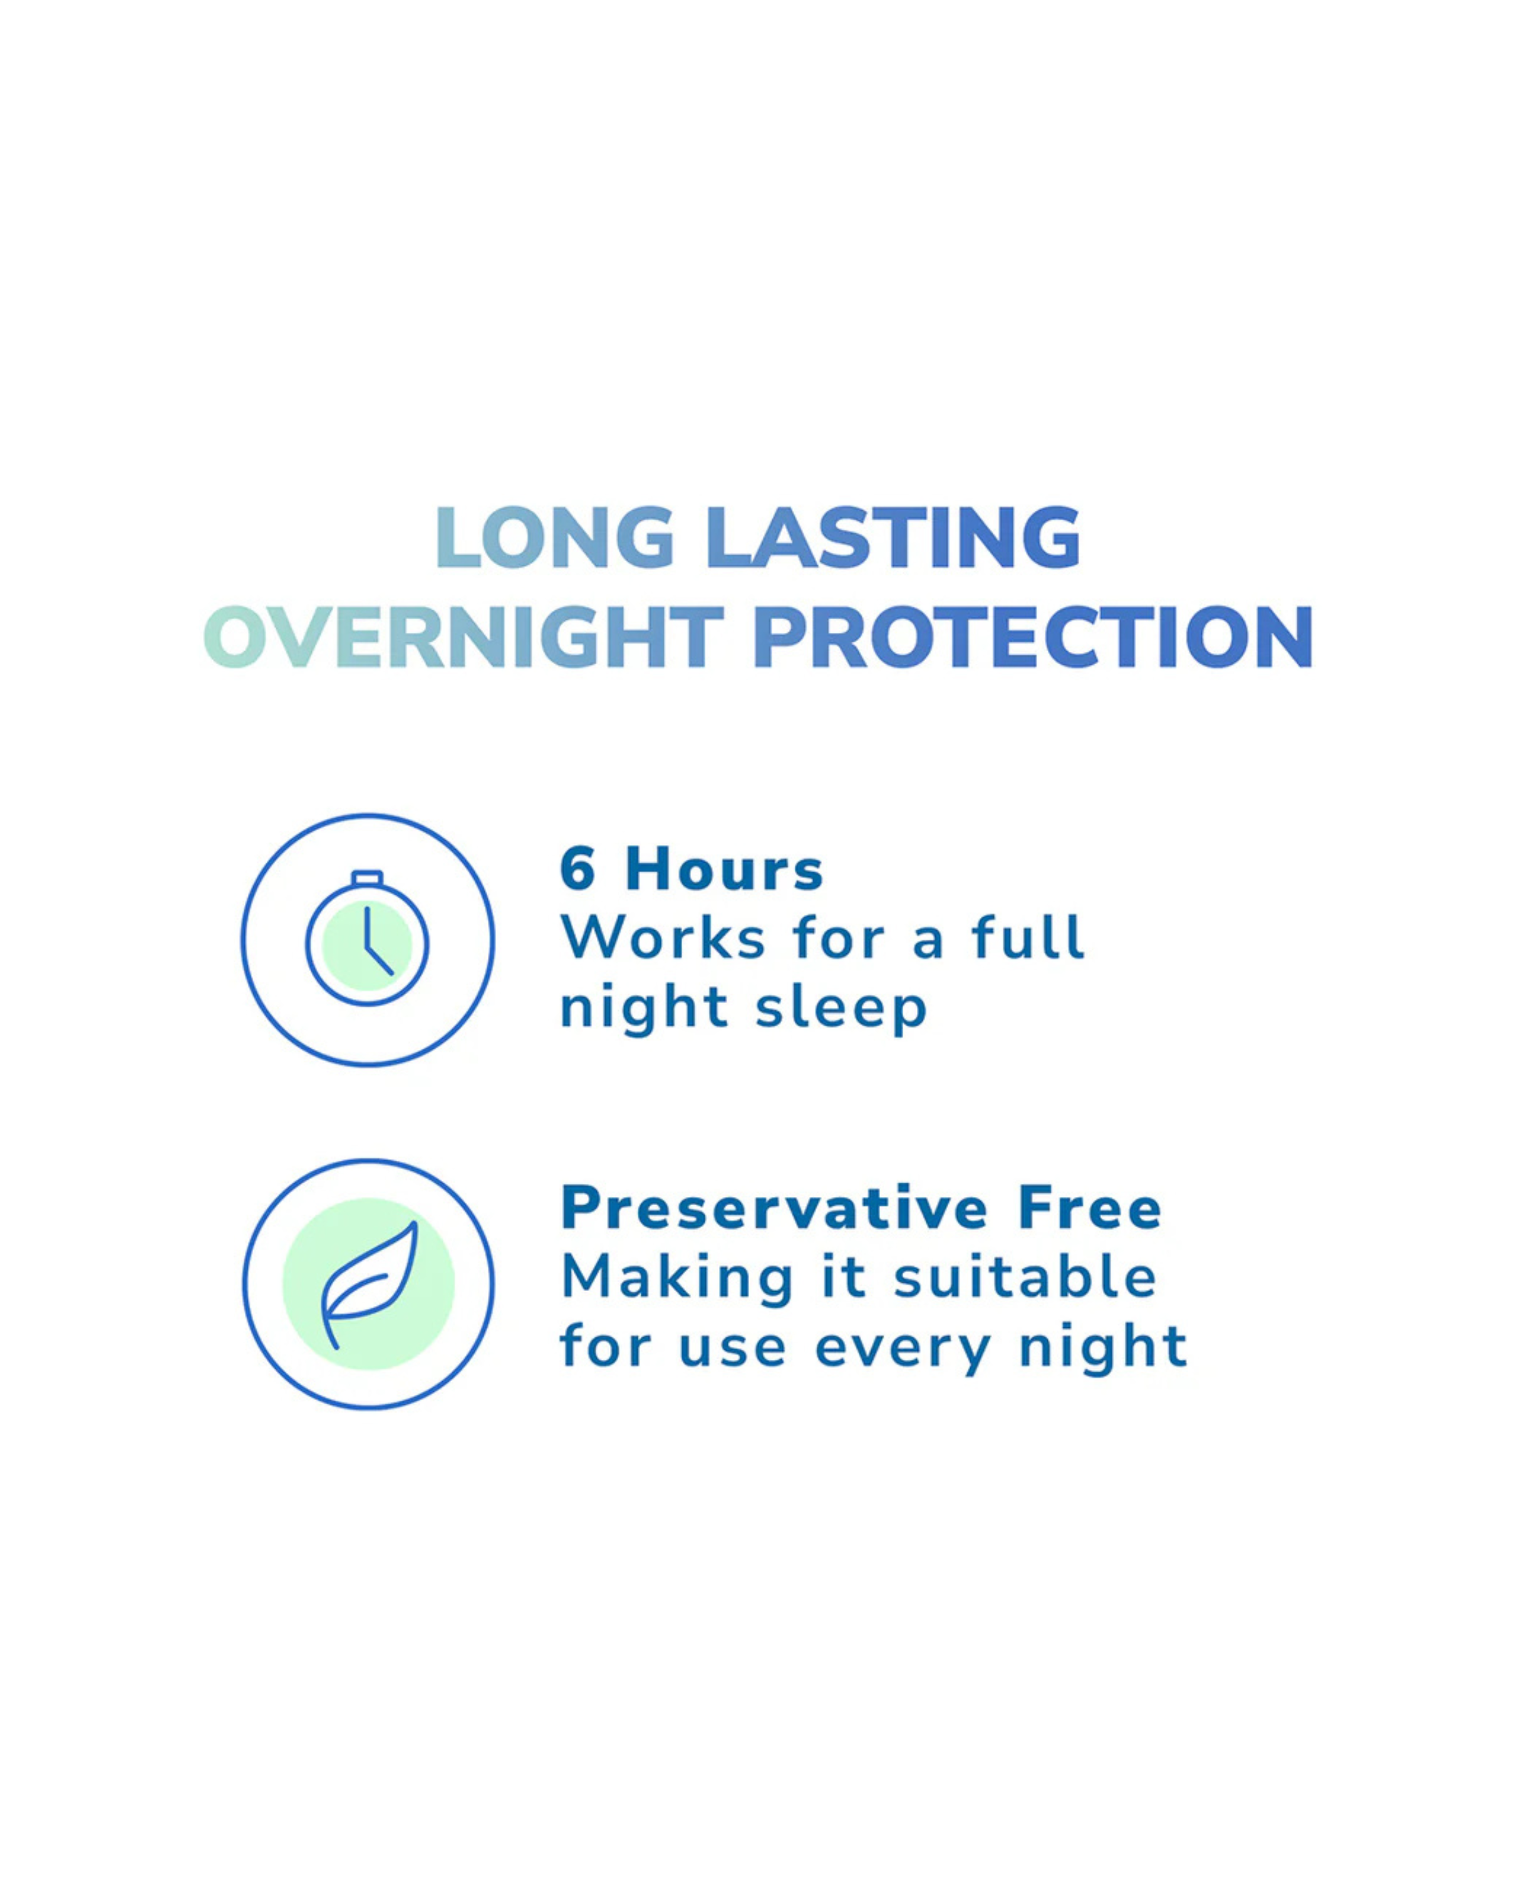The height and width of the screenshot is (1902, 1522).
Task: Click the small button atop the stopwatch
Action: [367, 878]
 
